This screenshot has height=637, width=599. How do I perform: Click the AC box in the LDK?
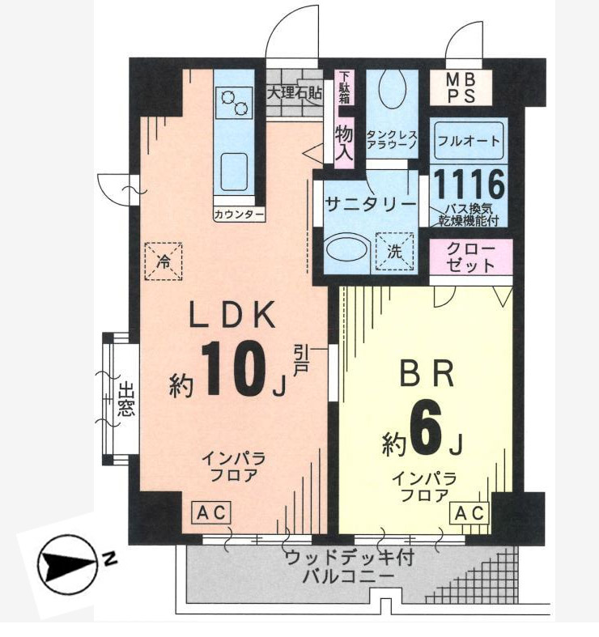pyautogui.click(x=211, y=512)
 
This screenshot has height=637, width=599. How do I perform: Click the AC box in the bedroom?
pyautogui.click(x=469, y=513)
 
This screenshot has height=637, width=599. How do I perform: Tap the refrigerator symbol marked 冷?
pyautogui.click(x=164, y=261)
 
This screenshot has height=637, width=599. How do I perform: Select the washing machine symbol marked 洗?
pyautogui.click(x=394, y=252)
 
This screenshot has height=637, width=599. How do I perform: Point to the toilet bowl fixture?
pyautogui.click(x=392, y=90)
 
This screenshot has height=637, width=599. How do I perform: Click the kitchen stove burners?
pyautogui.click(x=234, y=102)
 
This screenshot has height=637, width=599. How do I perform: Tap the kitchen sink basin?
pyautogui.click(x=234, y=172)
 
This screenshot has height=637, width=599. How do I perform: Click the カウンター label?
pyautogui.click(x=239, y=214)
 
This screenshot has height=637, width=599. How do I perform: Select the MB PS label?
pyautogui.click(x=461, y=88)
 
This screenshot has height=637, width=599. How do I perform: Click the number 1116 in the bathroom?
pyautogui.click(x=469, y=185)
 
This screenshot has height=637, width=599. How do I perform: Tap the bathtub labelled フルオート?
pyautogui.click(x=469, y=141)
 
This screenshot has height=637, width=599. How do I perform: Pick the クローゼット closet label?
pyautogui.click(x=471, y=258)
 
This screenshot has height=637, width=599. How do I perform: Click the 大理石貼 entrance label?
pyautogui.click(x=294, y=92)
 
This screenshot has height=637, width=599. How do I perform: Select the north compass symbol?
pyautogui.click(x=68, y=565)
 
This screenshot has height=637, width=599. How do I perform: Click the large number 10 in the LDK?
pyautogui.click(x=233, y=368)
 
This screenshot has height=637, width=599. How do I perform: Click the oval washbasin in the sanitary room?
pyautogui.click(x=346, y=251)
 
